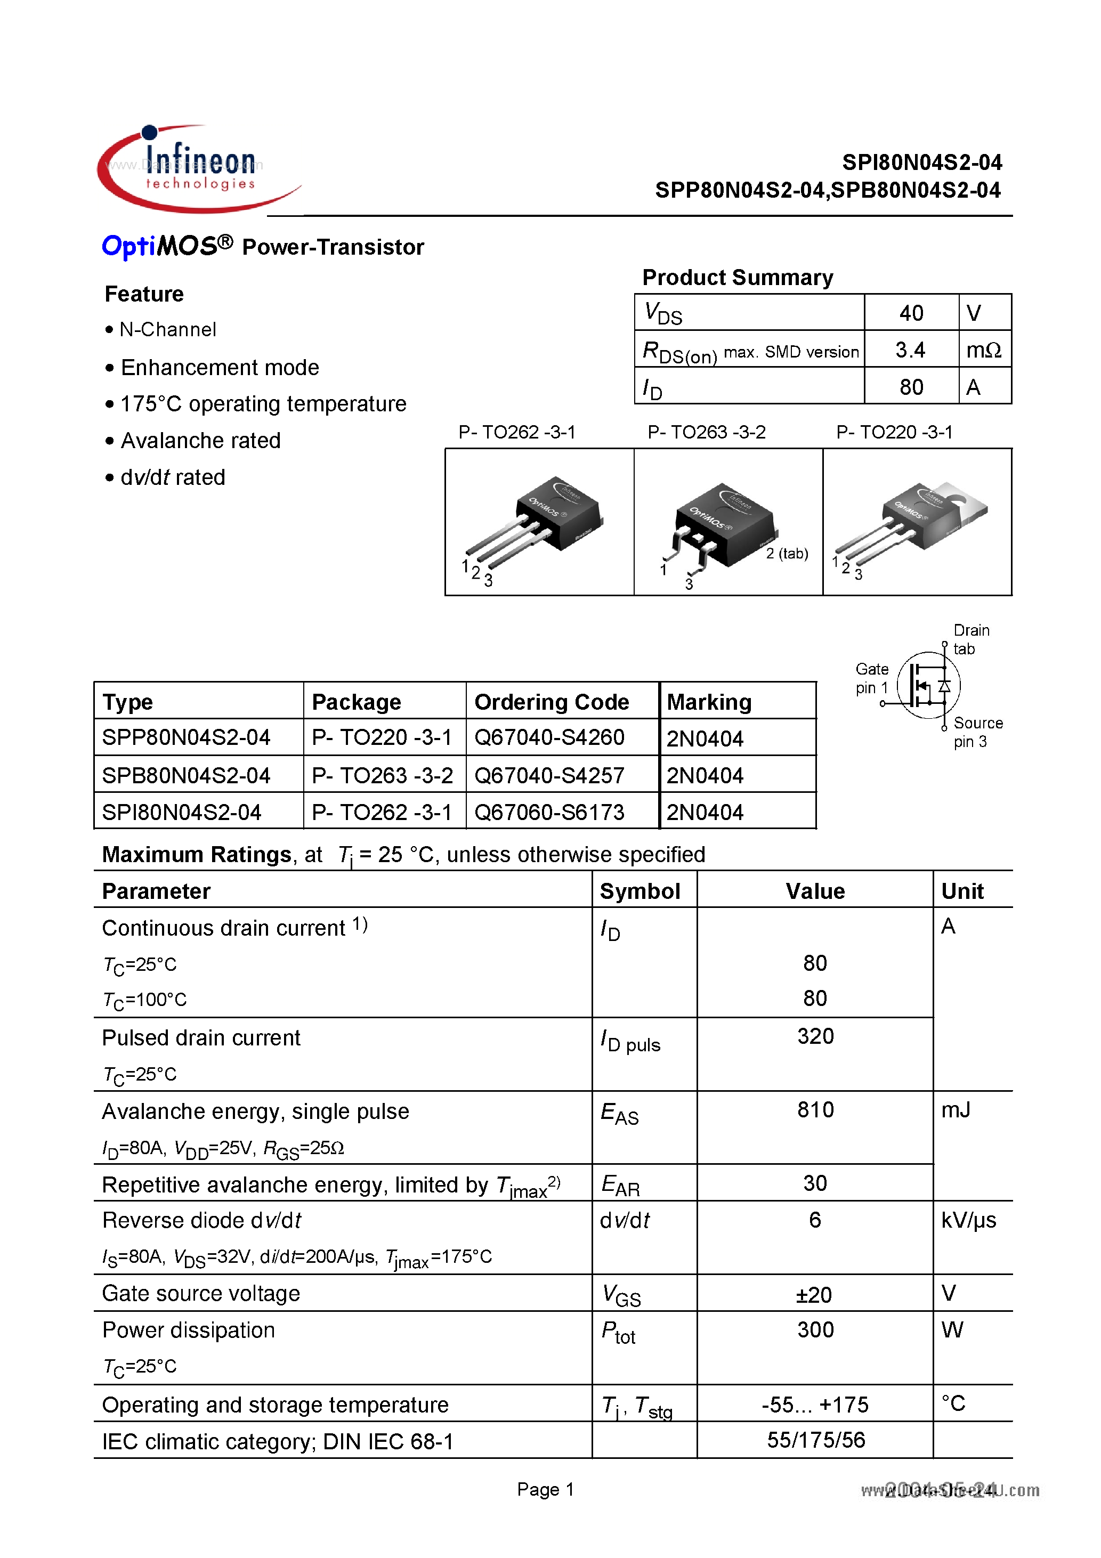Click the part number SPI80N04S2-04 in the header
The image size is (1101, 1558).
(921, 163)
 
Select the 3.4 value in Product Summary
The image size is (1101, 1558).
(910, 350)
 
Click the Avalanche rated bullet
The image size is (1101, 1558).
(200, 441)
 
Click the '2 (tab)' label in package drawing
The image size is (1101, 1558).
(787, 553)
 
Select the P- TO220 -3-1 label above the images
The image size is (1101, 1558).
(894, 432)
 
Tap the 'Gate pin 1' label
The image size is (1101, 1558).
(871, 678)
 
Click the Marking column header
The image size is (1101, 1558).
(709, 702)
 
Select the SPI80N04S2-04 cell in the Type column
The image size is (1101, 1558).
(181, 812)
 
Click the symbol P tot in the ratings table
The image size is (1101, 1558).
(618, 1332)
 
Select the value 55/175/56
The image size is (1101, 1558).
(815, 1440)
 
